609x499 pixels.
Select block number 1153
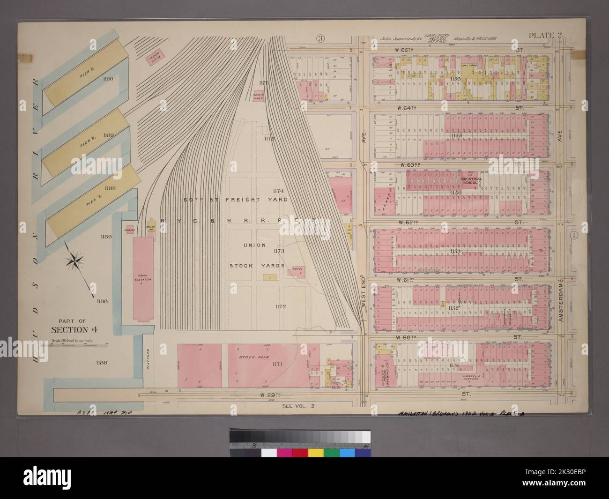pos(455,252)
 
